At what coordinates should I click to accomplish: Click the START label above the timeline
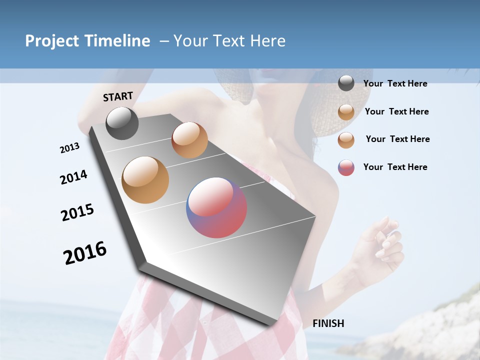pyautogui.click(x=118, y=96)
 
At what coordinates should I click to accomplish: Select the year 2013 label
pyautogui.click(x=69, y=148)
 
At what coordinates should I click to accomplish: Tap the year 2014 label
pyautogui.click(x=73, y=177)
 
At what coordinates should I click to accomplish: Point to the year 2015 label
pyautogui.click(x=77, y=212)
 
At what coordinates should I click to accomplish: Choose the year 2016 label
pyautogui.click(x=85, y=252)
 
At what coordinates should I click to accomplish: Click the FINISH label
pyautogui.click(x=328, y=323)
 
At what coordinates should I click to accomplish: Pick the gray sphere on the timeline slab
pyautogui.click(x=122, y=123)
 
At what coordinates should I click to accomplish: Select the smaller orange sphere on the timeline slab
pyautogui.click(x=189, y=140)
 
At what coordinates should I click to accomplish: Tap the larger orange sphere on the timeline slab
pyautogui.click(x=145, y=180)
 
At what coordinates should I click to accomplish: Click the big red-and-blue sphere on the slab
pyautogui.click(x=216, y=207)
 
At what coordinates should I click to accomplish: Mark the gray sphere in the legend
pyautogui.click(x=346, y=83)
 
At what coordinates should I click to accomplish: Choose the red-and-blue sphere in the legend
pyautogui.click(x=346, y=167)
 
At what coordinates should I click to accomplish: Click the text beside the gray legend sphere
pyautogui.click(x=395, y=83)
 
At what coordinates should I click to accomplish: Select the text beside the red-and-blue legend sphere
pyautogui.click(x=395, y=167)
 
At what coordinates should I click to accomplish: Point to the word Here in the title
pyautogui.click(x=267, y=41)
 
